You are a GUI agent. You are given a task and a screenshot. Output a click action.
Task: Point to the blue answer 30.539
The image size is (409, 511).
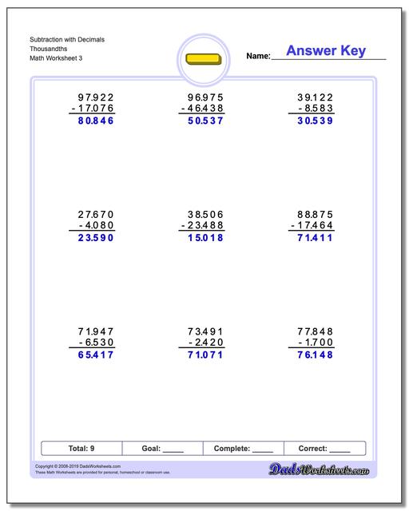coord(315,122)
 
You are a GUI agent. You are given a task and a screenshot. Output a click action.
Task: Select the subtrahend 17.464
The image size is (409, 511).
coord(312,226)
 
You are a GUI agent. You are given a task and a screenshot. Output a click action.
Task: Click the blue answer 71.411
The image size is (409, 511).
coord(315,238)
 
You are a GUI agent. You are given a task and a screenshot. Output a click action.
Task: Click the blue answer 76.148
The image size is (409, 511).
coord(315,355)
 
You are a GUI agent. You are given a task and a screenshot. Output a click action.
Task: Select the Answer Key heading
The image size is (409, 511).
coord(326,51)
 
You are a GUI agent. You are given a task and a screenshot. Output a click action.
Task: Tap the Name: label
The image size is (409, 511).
coord(258,56)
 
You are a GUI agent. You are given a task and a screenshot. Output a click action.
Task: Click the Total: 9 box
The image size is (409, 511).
coord(81,449)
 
